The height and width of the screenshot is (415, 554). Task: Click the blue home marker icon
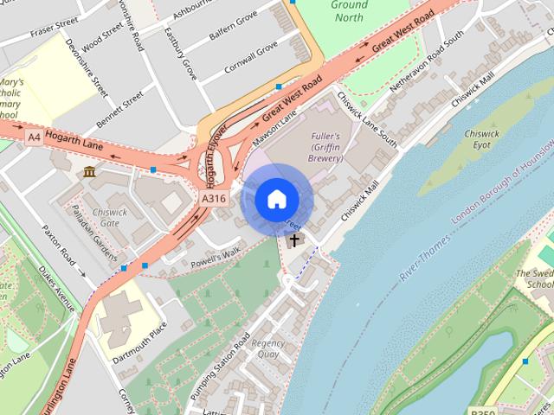pos(276,199)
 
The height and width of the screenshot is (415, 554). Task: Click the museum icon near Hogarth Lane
pos(90,173)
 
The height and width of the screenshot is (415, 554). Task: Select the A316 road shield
pos(214,199)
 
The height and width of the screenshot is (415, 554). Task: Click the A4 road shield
pos(34,137)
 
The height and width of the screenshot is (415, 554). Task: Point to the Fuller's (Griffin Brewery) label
pos(325,147)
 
